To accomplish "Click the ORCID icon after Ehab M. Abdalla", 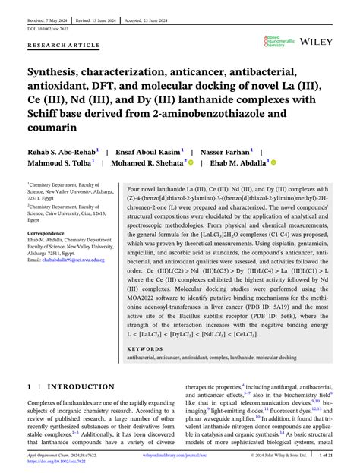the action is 273,162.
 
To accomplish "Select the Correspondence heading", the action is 48,232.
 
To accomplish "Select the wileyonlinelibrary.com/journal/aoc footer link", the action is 180,456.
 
